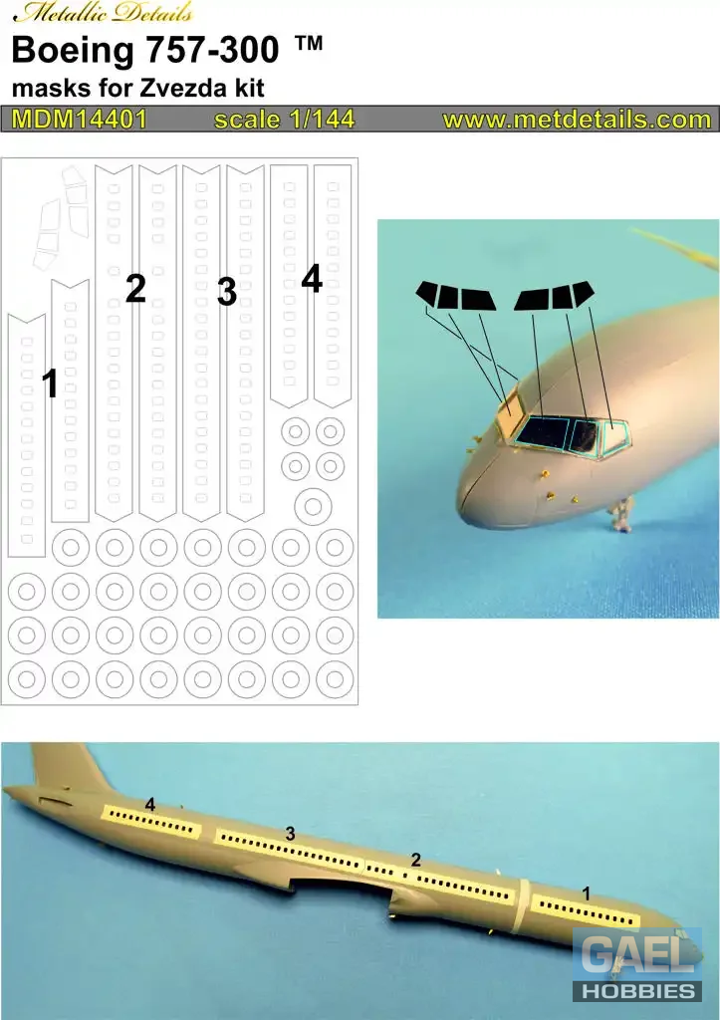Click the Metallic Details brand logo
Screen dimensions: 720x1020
click(x=103, y=12)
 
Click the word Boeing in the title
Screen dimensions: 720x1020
click(x=72, y=50)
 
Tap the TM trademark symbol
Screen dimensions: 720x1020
click(x=309, y=43)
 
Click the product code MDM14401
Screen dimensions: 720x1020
click(x=80, y=120)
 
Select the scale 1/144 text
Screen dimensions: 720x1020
click(x=284, y=120)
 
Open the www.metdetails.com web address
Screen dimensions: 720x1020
click(x=577, y=120)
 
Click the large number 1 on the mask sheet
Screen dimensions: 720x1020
click(x=50, y=383)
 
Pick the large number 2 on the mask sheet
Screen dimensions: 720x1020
click(x=135, y=288)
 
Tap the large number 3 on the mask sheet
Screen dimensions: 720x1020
click(x=226, y=292)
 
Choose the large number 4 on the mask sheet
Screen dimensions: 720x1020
click(x=312, y=279)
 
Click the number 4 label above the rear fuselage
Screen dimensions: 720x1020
click(x=150, y=805)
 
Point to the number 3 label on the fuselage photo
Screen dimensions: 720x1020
click(x=290, y=834)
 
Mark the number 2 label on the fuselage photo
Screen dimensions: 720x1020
click(x=416, y=860)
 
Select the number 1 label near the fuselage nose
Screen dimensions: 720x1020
click(x=586, y=893)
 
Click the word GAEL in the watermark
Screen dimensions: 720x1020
click(x=636, y=956)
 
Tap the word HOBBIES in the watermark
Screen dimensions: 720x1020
click(x=637, y=991)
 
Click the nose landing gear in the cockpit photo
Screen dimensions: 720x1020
click(x=621, y=514)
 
